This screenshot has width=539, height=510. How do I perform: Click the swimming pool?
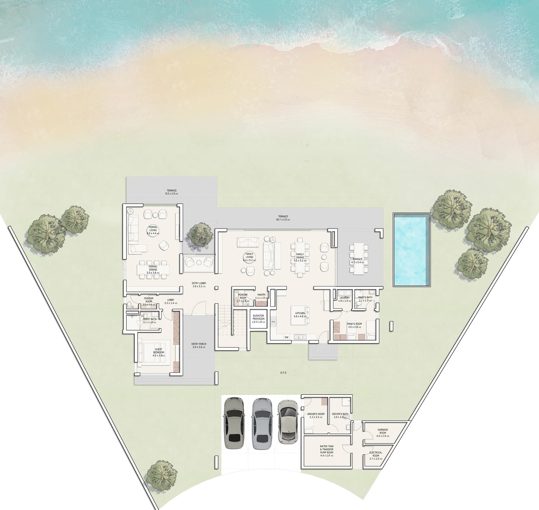coord(411,249)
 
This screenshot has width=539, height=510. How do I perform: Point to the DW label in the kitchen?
coord(286,337)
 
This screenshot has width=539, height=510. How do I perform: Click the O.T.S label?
coord(283,373)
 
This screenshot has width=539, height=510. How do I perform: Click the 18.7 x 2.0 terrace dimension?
coord(283,220)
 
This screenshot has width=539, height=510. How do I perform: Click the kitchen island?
coord(299,315)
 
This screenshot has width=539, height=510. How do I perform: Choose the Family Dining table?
coord(300,257)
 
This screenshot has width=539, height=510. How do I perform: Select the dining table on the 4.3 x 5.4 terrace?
coord(359,259)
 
